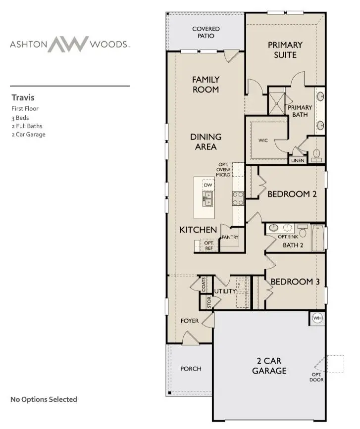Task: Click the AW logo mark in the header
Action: click(x=69, y=44)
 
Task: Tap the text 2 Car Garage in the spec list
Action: click(x=28, y=134)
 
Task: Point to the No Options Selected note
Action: click(x=44, y=399)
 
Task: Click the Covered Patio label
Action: click(x=206, y=32)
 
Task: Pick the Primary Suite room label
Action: click(x=285, y=49)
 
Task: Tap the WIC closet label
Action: click(x=263, y=141)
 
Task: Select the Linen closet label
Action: click(x=298, y=161)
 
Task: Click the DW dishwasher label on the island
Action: click(x=208, y=185)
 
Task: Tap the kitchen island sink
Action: click(x=207, y=198)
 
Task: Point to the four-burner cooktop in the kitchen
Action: click(x=238, y=198)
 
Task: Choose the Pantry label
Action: click(x=230, y=237)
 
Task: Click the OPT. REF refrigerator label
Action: click(x=209, y=245)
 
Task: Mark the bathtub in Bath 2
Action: click(x=317, y=238)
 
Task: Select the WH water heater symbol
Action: click(x=317, y=318)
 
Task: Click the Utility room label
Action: click(x=225, y=292)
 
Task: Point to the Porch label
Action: click(x=191, y=368)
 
